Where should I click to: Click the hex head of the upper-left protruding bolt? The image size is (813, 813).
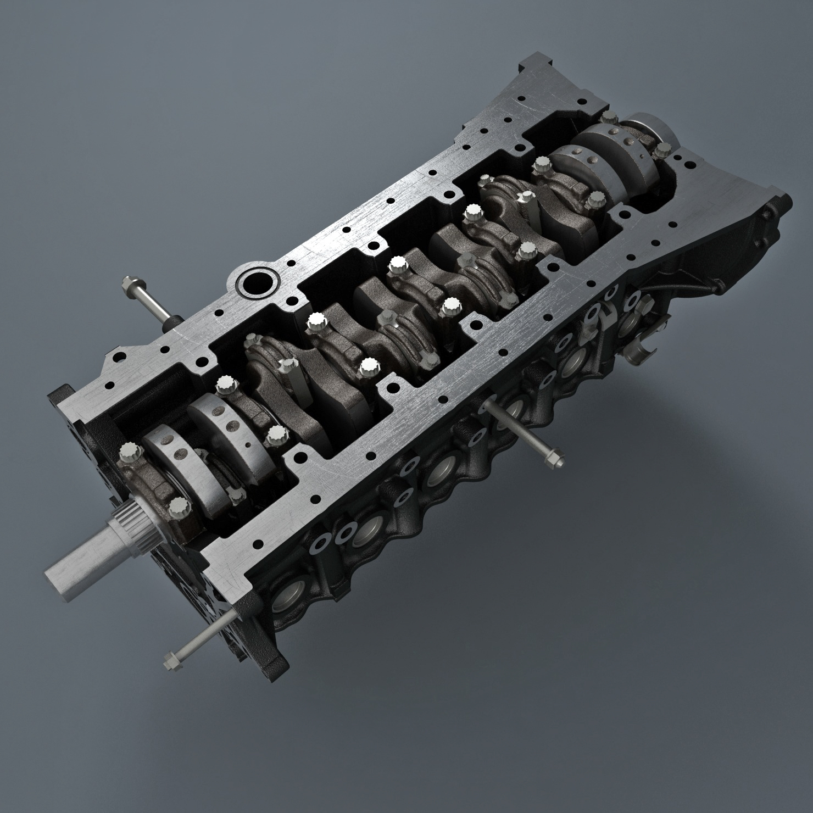point(128,286)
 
